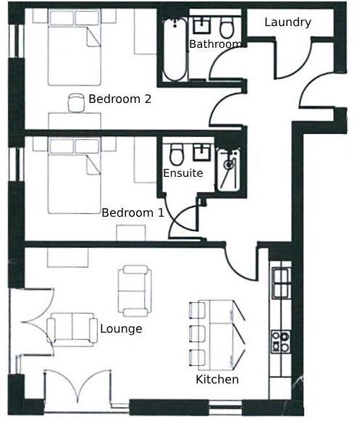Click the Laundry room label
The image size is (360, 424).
(x=288, y=22)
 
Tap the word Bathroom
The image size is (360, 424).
(x=214, y=45)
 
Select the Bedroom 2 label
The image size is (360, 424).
(x=120, y=99)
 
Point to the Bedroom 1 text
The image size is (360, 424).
(x=133, y=213)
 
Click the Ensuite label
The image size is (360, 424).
(x=183, y=174)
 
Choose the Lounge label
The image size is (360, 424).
(x=121, y=329)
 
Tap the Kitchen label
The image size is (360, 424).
(x=217, y=380)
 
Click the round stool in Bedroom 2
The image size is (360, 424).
(x=77, y=100)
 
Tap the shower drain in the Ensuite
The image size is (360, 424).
(x=228, y=165)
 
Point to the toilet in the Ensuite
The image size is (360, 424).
(x=176, y=154)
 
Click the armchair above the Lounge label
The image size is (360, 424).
(x=135, y=291)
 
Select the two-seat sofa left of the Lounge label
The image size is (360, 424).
(x=71, y=330)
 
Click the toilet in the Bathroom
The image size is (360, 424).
(x=227, y=28)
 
